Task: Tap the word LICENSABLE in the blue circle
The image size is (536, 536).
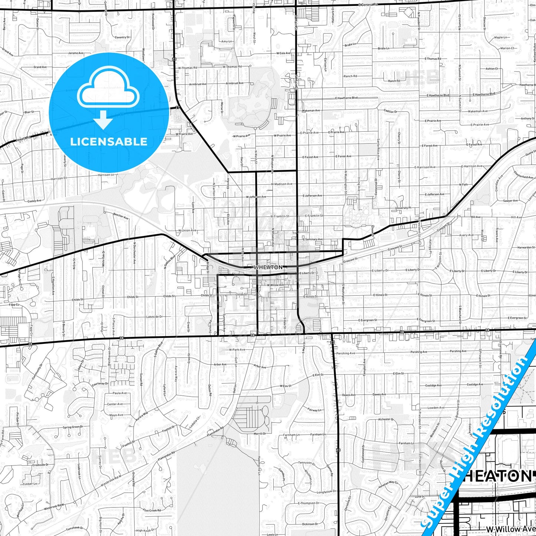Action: coord(109,141)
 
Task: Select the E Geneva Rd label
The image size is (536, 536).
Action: coord(368,4)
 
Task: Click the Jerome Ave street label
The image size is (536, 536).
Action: coord(76,53)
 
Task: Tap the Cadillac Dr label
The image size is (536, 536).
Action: coord(390,111)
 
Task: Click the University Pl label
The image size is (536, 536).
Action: coord(403,208)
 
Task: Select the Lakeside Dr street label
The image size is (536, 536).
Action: coord(154,317)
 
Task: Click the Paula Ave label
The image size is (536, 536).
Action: coord(119,393)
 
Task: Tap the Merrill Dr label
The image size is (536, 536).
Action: coord(260,434)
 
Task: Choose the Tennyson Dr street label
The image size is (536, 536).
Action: coord(306,463)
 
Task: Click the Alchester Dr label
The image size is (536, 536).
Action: coord(384,419)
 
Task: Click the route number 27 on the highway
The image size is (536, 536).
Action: coord(178,108)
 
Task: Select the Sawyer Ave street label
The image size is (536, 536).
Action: coord(510,201)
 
